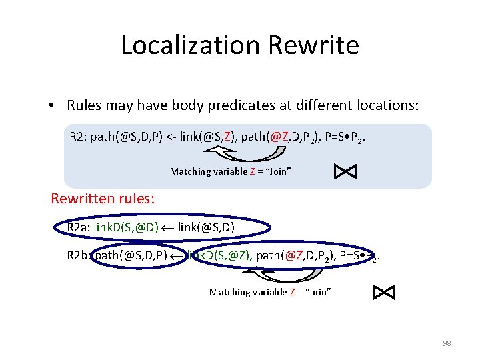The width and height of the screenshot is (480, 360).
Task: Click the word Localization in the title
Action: pyautogui.click(x=191, y=45)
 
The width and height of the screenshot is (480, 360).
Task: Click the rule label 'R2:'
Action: pyautogui.click(x=78, y=137)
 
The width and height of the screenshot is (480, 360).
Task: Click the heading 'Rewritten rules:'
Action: pyautogui.click(x=103, y=199)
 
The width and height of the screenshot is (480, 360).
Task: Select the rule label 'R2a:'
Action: pyautogui.click(x=78, y=228)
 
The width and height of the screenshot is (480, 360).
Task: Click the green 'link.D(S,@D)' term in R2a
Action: pyautogui.click(x=126, y=228)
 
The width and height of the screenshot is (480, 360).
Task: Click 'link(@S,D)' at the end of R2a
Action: pyautogui.click(x=207, y=228)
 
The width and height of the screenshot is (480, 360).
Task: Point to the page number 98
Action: pyautogui.click(x=447, y=343)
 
